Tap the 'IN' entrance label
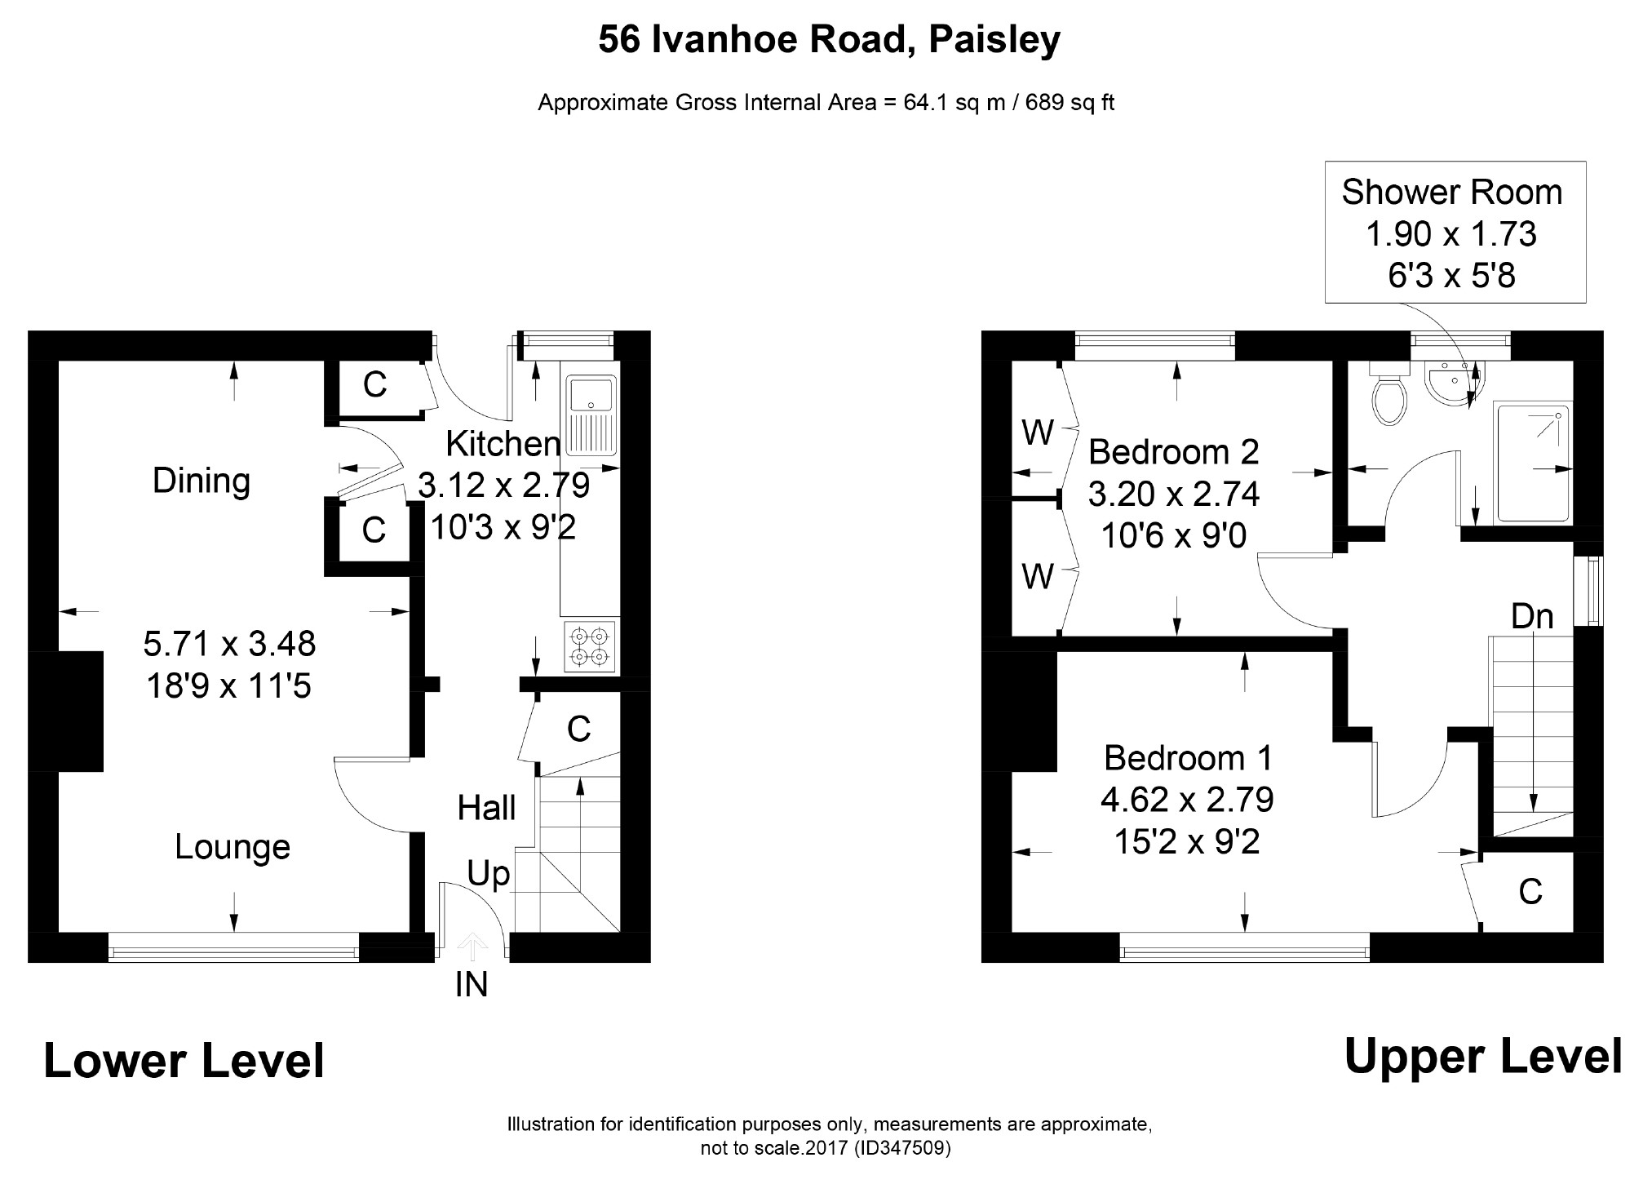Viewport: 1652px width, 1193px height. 472,986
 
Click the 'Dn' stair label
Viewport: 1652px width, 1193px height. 1532,616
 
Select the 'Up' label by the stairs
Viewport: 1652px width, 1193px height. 488,875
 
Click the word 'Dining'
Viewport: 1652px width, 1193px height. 202,481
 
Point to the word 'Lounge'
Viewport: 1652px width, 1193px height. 233,847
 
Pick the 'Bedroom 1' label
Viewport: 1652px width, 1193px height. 1188,758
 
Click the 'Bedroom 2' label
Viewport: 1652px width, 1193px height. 1173,451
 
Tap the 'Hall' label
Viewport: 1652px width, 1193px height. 486,808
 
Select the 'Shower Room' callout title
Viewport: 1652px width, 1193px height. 1452,192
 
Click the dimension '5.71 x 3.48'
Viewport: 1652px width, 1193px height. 229,644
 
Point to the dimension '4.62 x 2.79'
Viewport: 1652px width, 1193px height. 1187,800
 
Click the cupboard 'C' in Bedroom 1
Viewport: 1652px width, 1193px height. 1530,892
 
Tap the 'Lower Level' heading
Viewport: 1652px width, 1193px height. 184,1061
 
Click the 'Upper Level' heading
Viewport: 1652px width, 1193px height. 1483,1057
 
